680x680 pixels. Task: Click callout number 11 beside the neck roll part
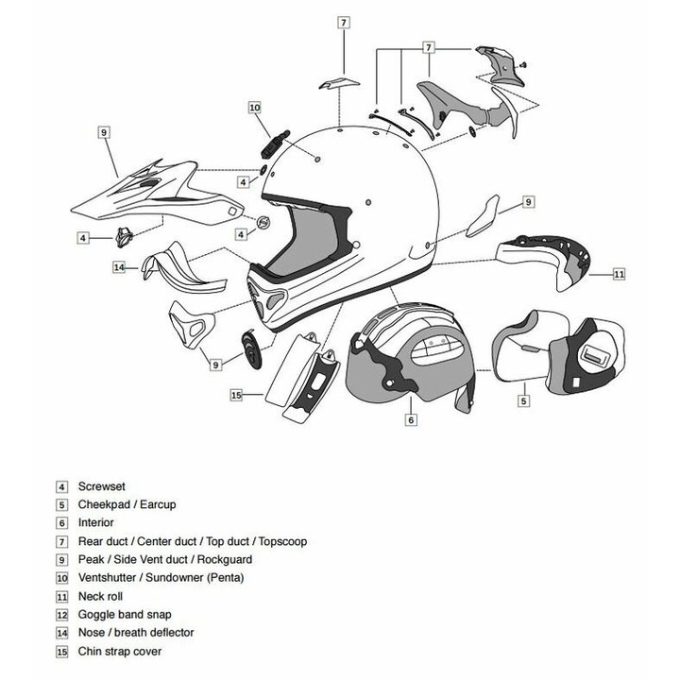(x=620, y=275)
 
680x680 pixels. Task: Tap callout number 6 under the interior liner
(x=411, y=418)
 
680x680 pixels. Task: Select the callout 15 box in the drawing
(x=237, y=395)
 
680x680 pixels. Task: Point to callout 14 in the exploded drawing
(x=119, y=267)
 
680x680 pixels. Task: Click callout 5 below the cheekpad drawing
(x=523, y=400)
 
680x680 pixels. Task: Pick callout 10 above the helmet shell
(x=255, y=108)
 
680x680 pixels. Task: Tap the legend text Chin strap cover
(x=121, y=652)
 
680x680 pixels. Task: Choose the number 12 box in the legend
(x=62, y=615)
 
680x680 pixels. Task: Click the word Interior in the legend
(x=95, y=523)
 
